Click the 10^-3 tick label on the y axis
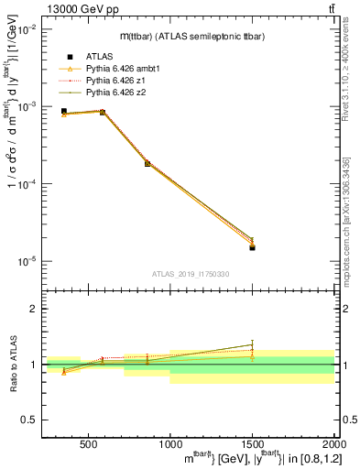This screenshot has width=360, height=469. point(27,107)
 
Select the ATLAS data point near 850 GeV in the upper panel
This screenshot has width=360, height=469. point(147,163)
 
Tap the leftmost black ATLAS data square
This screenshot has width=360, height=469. point(63,111)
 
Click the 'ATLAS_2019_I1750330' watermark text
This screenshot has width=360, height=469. point(191,274)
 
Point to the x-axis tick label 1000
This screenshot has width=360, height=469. point(169,442)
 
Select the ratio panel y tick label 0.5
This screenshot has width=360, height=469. point(30,420)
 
